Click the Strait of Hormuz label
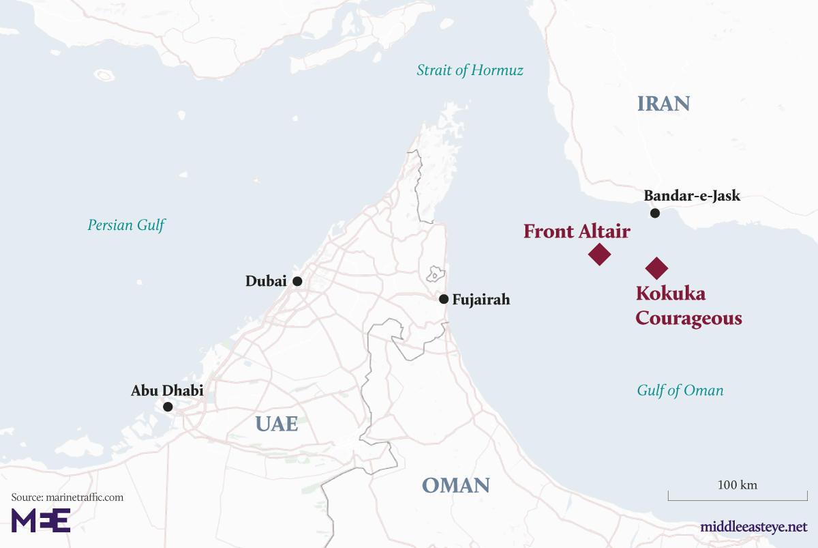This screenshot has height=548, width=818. [470, 70]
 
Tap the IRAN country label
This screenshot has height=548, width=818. [663, 104]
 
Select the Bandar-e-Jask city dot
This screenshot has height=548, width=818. [654, 214]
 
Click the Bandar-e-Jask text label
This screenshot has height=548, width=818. [691, 197]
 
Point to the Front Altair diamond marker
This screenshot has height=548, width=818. [599, 254]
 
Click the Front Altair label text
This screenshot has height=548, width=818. [576, 231]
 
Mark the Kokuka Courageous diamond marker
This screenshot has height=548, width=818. [656, 268]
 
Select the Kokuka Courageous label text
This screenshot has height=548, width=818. [688, 306]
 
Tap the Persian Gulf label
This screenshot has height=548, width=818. [126, 225]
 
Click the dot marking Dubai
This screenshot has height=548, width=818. [297, 281]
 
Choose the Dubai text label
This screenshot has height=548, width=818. [266, 281]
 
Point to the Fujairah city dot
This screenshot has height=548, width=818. [444, 299]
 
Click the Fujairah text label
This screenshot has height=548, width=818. [481, 300]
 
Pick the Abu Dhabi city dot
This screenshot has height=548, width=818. [168, 407]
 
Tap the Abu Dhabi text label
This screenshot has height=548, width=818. [167, 391]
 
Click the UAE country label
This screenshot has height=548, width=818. [277, 424]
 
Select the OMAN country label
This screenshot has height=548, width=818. [455, 485]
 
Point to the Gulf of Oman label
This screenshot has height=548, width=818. [680, 390]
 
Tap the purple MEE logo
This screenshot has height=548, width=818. [41, 520]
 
